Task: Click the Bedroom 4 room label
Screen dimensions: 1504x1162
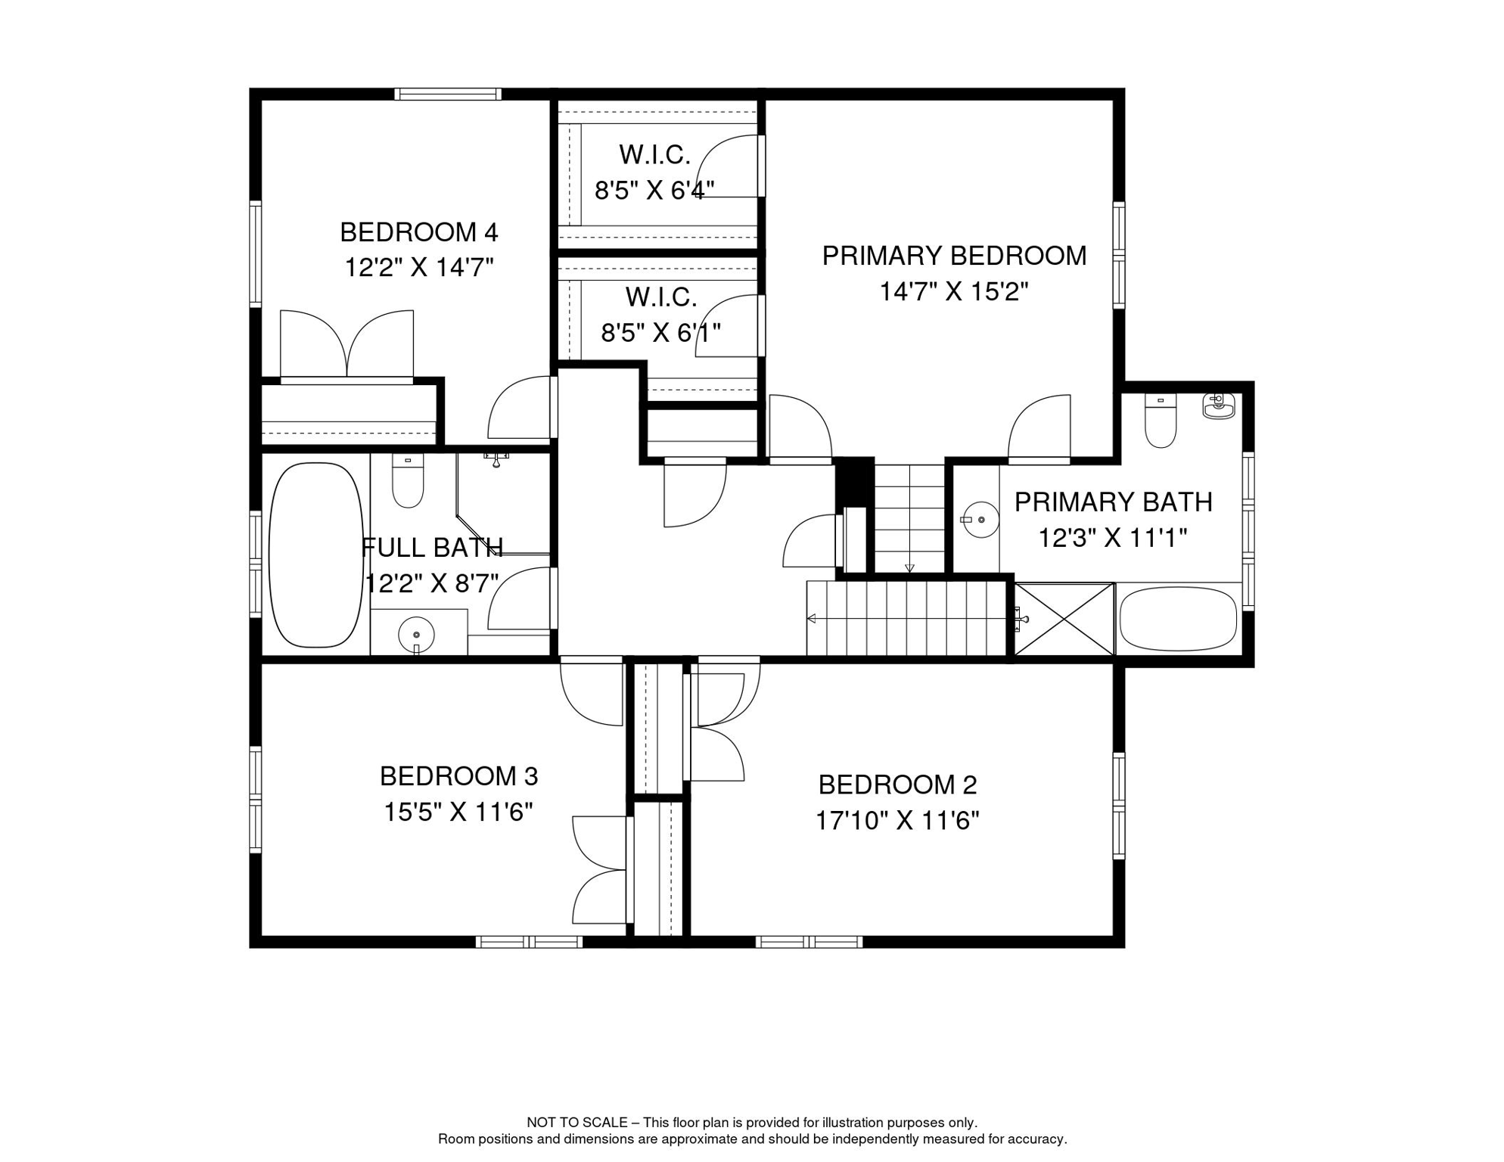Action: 419,232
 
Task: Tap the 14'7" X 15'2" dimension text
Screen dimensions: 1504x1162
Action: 954,291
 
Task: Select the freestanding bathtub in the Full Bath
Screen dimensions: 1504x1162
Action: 316,555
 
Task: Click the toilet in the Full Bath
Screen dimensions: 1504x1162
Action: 408,480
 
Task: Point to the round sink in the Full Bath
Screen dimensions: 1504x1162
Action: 416,634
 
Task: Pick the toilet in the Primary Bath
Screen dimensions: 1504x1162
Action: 1161,421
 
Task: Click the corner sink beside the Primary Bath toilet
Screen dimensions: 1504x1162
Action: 1219,405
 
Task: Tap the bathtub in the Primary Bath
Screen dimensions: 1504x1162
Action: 1178,619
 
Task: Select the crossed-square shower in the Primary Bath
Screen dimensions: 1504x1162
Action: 1064,619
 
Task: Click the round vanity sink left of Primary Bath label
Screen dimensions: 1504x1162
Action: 981,520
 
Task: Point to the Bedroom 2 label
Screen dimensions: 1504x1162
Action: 898,785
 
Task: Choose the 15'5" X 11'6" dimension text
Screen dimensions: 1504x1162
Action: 458,812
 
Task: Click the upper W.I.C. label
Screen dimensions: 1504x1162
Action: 655,154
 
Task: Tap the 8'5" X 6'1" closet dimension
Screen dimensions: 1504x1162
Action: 661,332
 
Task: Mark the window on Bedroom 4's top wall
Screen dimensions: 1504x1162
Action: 447,95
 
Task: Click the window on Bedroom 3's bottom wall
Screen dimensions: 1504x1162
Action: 529,942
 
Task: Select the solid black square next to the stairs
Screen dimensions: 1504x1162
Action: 854,481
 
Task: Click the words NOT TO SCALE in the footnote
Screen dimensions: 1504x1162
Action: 577,1123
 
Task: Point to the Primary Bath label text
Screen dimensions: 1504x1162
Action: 1114,502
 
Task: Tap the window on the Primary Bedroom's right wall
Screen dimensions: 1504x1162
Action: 1119,255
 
